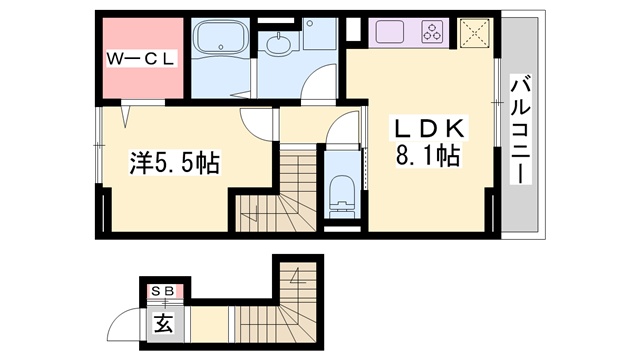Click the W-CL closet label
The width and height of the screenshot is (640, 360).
141,59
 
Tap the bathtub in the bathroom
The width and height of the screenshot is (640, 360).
221,38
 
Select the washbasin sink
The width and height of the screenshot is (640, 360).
279,43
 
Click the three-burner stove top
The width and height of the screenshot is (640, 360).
433,32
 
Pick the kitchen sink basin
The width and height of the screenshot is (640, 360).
390,31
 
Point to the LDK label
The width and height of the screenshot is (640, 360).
429,128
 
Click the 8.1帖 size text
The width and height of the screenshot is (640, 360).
427,156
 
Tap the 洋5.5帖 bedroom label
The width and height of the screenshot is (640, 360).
174,162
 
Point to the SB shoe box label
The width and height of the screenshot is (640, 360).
163,291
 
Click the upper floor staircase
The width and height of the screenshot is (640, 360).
278,191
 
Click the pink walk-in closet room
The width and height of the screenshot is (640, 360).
142,58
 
